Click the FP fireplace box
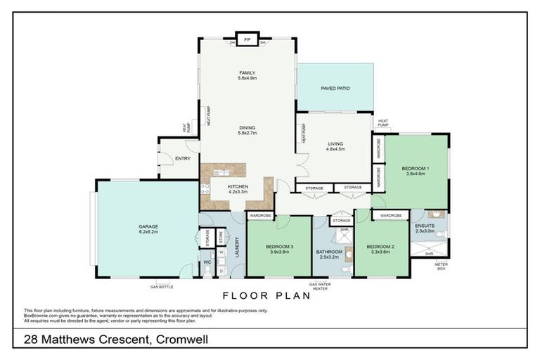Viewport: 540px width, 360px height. [247, 40]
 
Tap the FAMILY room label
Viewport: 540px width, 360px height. [247, 73]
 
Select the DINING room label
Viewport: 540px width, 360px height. [247, 128]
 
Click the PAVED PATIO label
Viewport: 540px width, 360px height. [335, 89]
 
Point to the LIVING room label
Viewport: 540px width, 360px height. [335, 144]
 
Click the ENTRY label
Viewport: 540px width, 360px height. [183, 158]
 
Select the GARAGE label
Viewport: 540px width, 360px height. [148, 227]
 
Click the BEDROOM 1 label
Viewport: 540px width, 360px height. [416, 169]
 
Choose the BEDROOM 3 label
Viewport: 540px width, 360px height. [279, 247]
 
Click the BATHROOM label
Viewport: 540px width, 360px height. [328, 252]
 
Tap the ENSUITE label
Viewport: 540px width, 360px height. [425, 226]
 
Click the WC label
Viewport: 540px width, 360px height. [207, 263]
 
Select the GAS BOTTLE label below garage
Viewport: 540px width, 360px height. [160, 287]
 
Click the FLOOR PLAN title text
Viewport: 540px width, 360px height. [266, 296]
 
